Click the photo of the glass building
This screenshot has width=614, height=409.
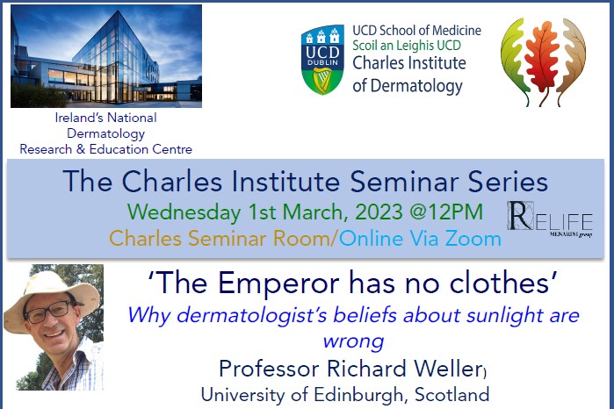106,56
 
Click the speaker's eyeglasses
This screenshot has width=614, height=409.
51,309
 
